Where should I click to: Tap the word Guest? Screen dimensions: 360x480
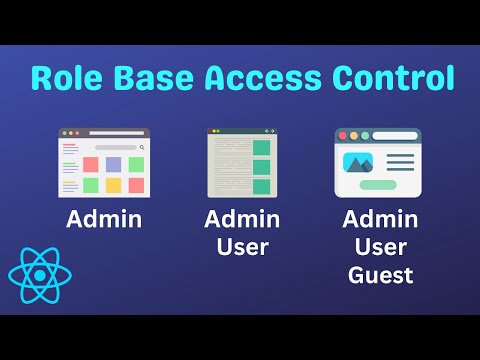[380, 274]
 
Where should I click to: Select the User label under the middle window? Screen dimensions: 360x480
[241, 246]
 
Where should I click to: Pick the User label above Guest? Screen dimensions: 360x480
[380, 246]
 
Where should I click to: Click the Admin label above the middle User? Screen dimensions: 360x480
[241, 219]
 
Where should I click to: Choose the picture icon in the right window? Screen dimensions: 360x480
[357, 162]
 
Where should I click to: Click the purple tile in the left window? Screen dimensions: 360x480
[113, 164]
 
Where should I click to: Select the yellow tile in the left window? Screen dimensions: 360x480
[113, 185]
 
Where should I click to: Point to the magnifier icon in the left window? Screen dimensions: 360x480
[142, 147]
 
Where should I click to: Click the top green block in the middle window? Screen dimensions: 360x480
[261, 148]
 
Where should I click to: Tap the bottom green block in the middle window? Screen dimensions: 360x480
[261, 186]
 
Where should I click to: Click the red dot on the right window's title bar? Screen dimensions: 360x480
[342, 135]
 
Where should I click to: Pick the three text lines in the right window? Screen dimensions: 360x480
[399, 163]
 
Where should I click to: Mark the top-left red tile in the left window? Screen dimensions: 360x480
[90, 164]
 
